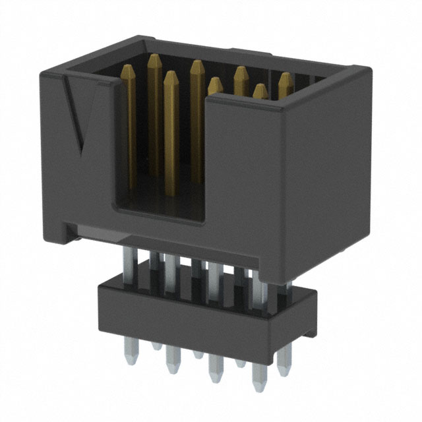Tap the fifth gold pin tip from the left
(x=214, y=84)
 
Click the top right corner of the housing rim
(x=356, y=68)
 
